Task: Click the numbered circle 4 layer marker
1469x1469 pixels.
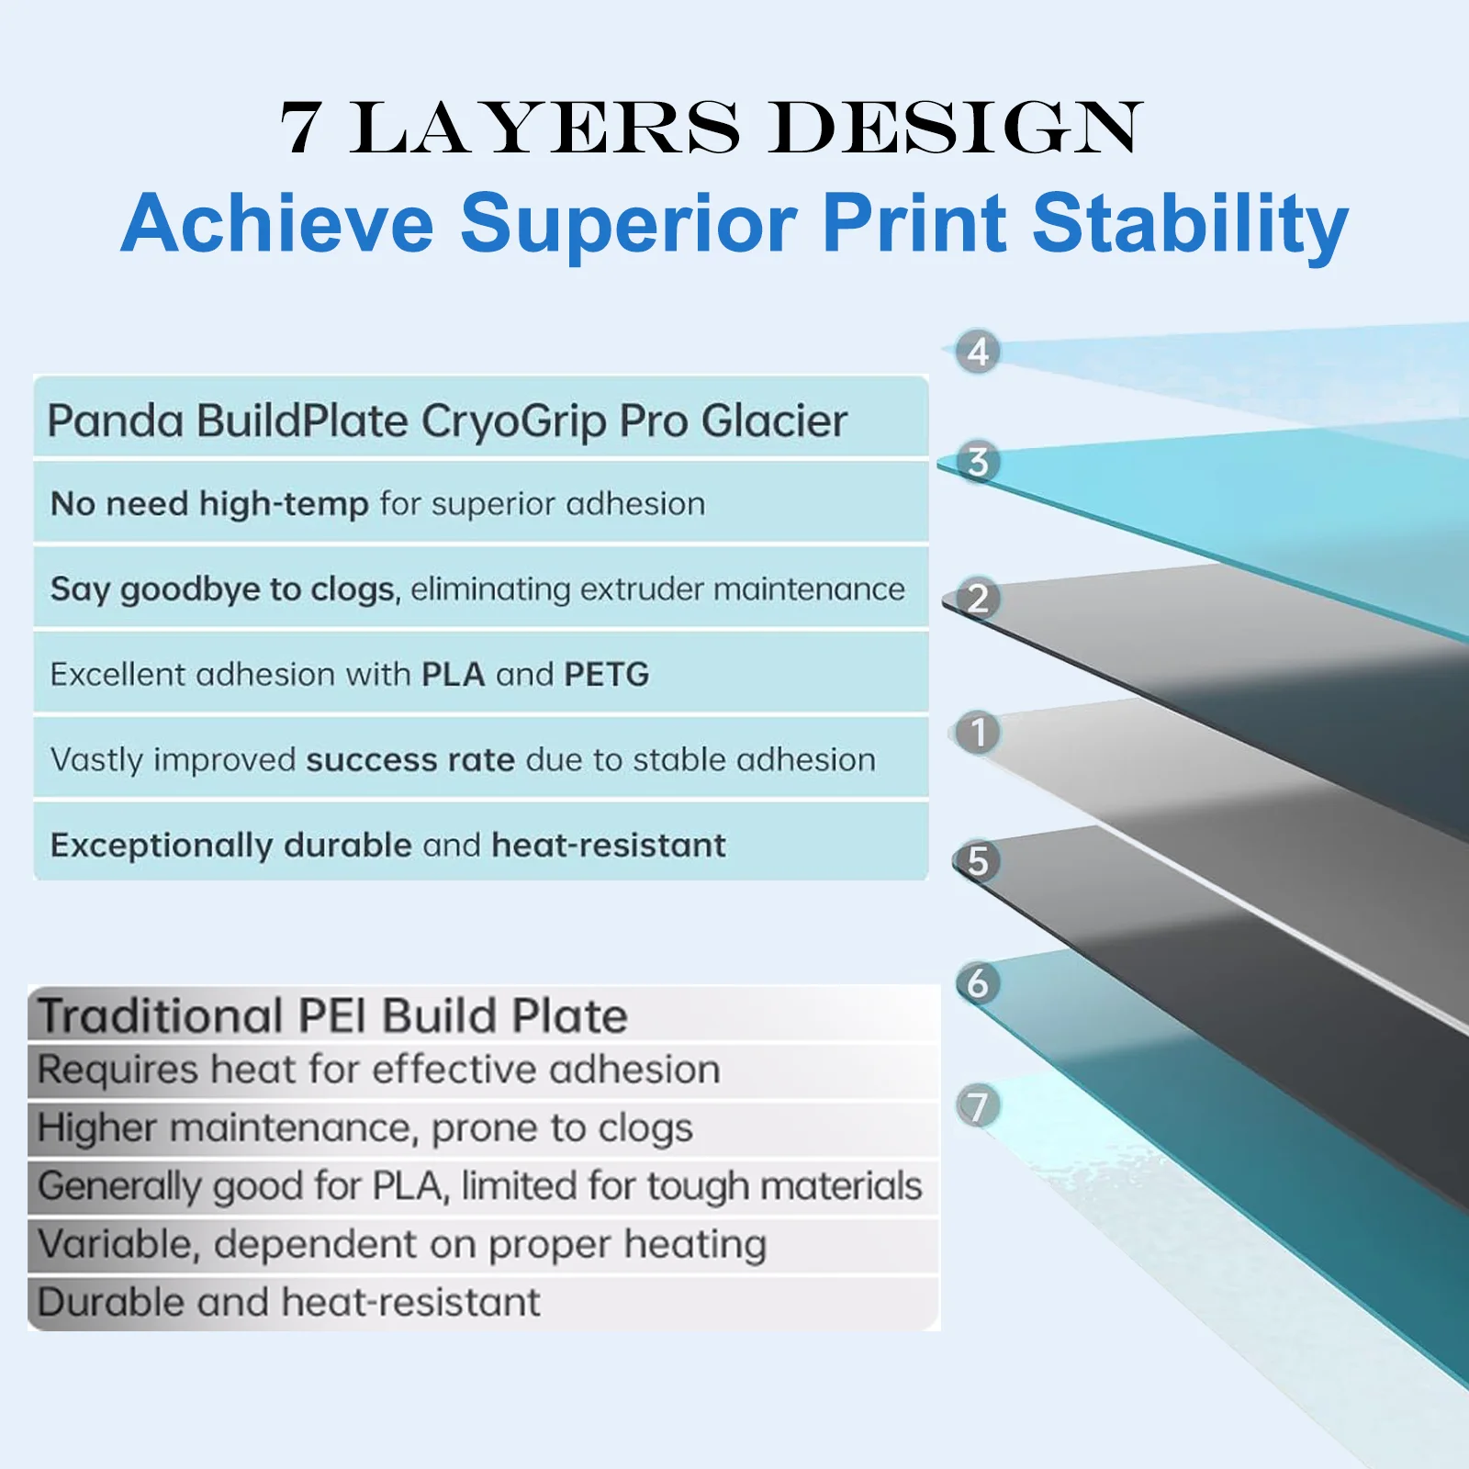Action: point(978,352)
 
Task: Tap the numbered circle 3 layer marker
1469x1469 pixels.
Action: point(978,462)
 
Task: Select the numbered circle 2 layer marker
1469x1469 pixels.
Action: point(978,599)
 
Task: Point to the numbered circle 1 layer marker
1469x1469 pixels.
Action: point(978,733)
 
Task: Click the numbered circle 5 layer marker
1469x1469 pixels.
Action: point(978,861)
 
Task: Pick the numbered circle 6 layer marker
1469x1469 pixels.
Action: point(978,983)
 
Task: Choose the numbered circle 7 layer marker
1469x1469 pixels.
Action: point(978,1106)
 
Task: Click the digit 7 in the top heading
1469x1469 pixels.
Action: point(301,128)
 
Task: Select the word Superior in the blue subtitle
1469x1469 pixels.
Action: point(629,223)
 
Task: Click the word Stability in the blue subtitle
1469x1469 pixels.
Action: point(1190,223)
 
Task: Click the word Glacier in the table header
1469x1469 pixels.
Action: point(774,421)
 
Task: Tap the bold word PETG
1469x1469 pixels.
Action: point(606,675)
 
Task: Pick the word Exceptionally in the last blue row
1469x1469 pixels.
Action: point(162,846)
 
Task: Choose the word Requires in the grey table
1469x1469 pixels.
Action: point(118,1071)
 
